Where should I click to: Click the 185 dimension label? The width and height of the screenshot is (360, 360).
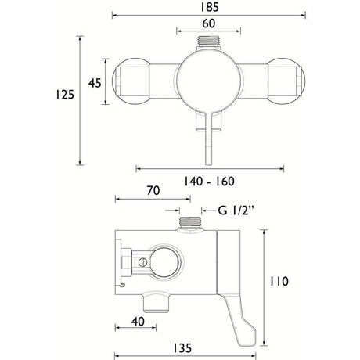[x=209, y=7]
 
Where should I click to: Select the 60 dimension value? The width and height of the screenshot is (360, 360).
[x=209, y=23]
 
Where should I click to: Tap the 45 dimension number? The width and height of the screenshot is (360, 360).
[x=95, y=83]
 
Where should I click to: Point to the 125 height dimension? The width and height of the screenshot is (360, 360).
[x=65, y=95]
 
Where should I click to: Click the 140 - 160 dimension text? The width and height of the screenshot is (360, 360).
[x=209, y=182]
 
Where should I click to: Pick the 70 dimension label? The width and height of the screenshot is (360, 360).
[x=153, y=190]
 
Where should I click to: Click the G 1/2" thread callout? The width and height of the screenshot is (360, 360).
[x=236, y=211]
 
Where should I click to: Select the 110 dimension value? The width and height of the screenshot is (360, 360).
[x=279, y=282]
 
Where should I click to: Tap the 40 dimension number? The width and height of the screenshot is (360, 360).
[x=138, y=322]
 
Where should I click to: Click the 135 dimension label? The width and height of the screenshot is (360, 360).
[x=182, y=348]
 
